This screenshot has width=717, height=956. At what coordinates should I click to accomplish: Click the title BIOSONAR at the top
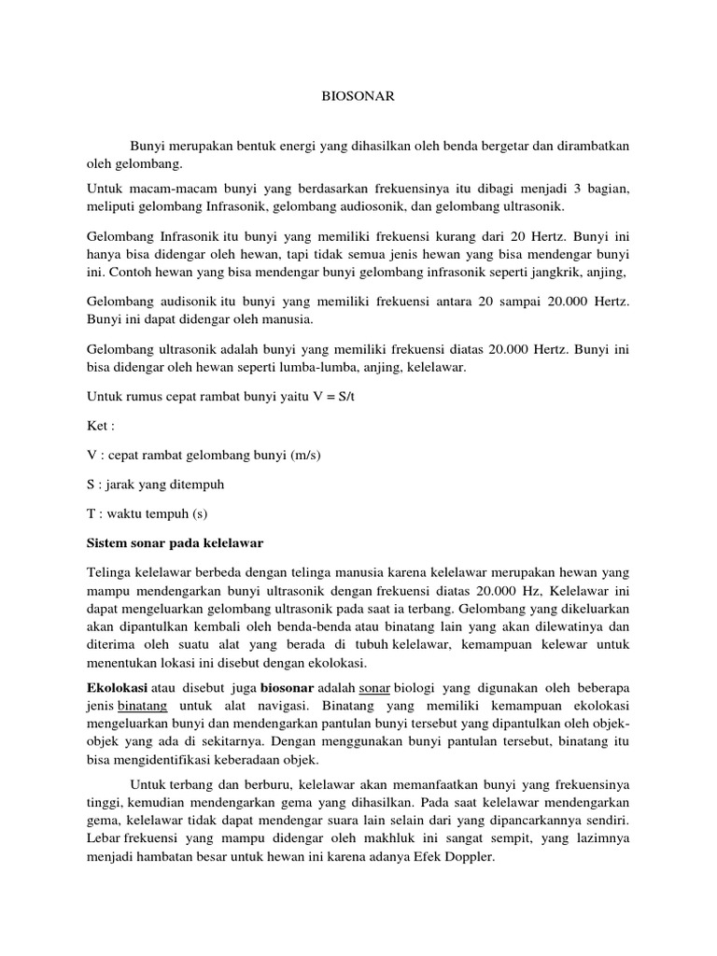pyautogui.click(x=358, y=94)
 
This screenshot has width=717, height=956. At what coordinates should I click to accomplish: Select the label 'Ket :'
pyautogui.click(x=100, y=426)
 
